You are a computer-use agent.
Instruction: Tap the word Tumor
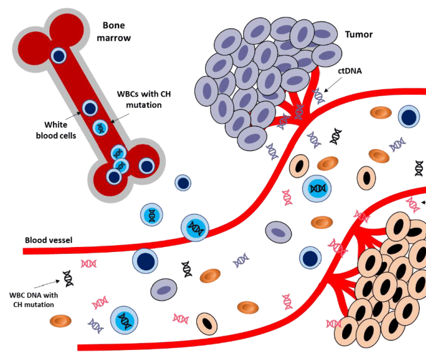pos(358,33)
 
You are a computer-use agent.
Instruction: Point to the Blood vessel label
pos(49,240)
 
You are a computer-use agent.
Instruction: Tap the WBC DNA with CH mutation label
pos(30,299)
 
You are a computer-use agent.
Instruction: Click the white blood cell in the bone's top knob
pos(59,56)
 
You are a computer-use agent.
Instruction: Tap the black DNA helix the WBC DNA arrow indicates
pos(68,277)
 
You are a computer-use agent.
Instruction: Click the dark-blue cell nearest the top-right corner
pos(409,116)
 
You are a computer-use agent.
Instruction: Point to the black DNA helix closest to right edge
pos(418,168)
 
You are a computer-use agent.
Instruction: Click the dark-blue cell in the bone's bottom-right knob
pos(146,166)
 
